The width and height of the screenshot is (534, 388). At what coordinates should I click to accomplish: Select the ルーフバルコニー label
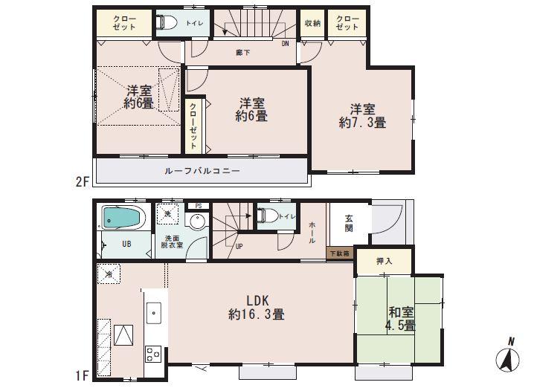(201, 171)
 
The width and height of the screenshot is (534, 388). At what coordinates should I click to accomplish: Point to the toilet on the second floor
(168, 23)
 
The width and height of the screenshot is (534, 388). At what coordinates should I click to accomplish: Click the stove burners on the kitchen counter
(153, 355)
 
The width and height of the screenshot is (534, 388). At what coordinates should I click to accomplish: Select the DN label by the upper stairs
(285, 43)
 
